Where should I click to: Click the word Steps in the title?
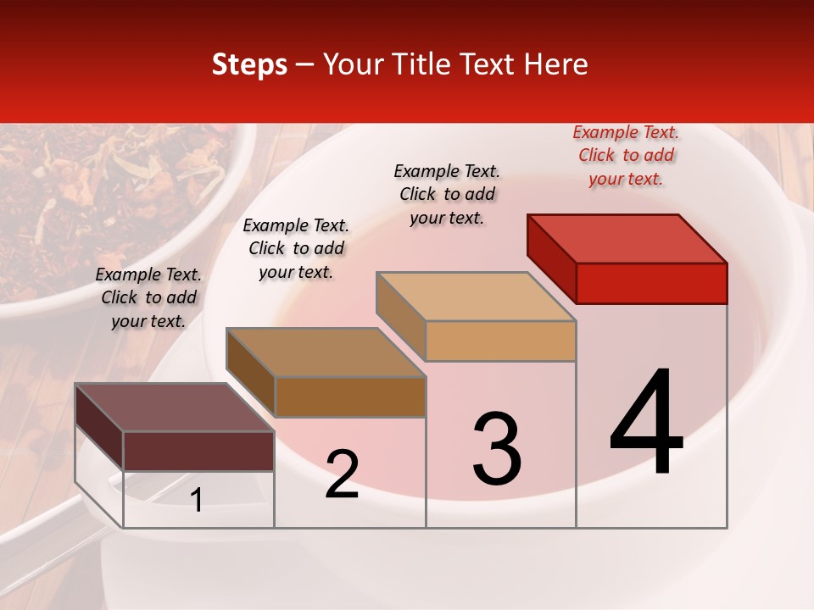click(x=249, y=64)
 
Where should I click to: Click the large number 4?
click(x=646, y=424)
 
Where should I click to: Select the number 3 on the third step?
click(x=497, y=449)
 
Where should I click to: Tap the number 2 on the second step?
click(x=342, y=475)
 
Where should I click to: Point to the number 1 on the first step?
click(x=197, y=500)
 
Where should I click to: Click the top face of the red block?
click(x=627, y=238)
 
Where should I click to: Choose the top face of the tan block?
click(x=477, y=297)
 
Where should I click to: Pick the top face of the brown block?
click(x=326, y=352)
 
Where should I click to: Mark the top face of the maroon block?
click(x=175, y=408)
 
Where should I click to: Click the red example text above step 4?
click(x=626, y=156)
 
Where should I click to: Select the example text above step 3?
click(x=447, y=194)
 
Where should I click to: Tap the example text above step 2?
click(x=296, y=248)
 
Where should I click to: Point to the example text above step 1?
click(x=148, y=297)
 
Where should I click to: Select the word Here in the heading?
click(x=556, y=64)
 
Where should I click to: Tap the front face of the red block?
click(x=651, y=283)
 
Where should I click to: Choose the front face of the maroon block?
click(x=198, y=451)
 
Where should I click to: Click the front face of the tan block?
click(x=500, y=341)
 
